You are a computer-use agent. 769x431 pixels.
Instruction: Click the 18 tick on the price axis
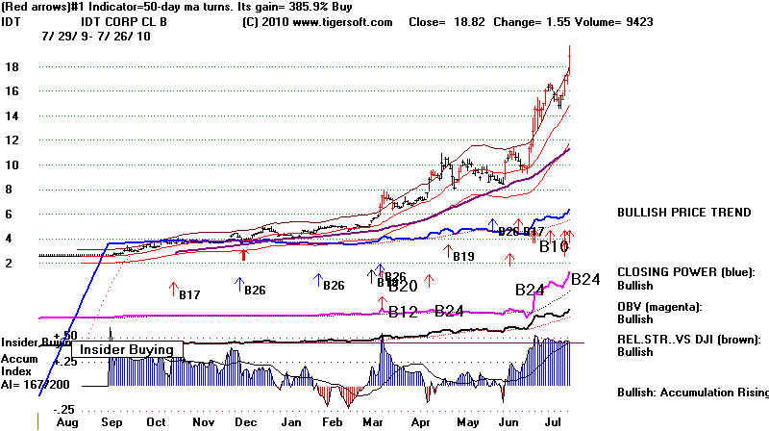click(11, 67)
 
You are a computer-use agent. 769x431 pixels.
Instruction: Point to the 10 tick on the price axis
click(11, 165)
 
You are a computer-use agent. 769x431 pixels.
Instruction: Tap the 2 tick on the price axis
click(8, 263)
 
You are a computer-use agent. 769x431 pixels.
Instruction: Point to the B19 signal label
click(463, 256)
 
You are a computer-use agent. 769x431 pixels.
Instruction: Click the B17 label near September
click(189, 294)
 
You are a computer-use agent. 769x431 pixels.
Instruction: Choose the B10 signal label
click(554, 247)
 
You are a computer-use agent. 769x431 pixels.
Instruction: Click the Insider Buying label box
click(126, 349)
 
